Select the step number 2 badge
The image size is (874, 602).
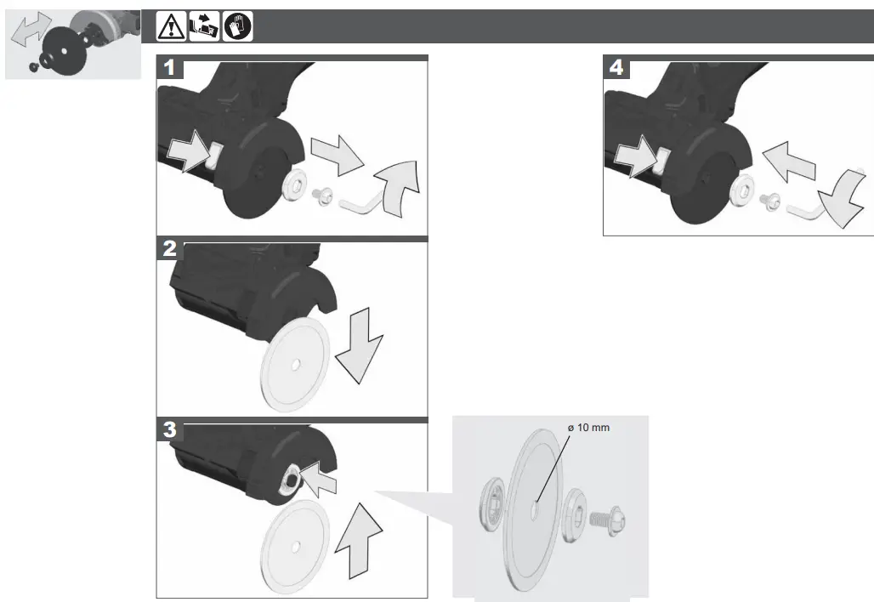tap(171, 250)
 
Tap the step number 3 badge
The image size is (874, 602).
tap(171, 431)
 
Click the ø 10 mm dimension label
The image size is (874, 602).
tap(589, 428)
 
